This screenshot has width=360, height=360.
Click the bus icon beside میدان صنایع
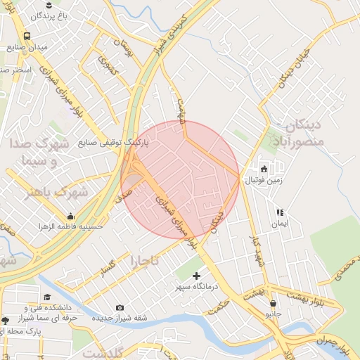point(27,36)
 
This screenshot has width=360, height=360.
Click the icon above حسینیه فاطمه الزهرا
point(70,217)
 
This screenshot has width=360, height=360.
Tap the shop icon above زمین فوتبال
point(264,169)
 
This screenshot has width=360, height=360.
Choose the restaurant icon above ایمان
point(280,212)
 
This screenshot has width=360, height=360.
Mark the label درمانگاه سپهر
point(197,287)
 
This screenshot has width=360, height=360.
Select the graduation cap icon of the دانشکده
point(46,297)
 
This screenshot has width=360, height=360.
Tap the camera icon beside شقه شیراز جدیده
point(120,307)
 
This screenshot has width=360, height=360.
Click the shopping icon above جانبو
point(273,303)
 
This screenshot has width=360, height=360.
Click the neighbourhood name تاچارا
point(143,262)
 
